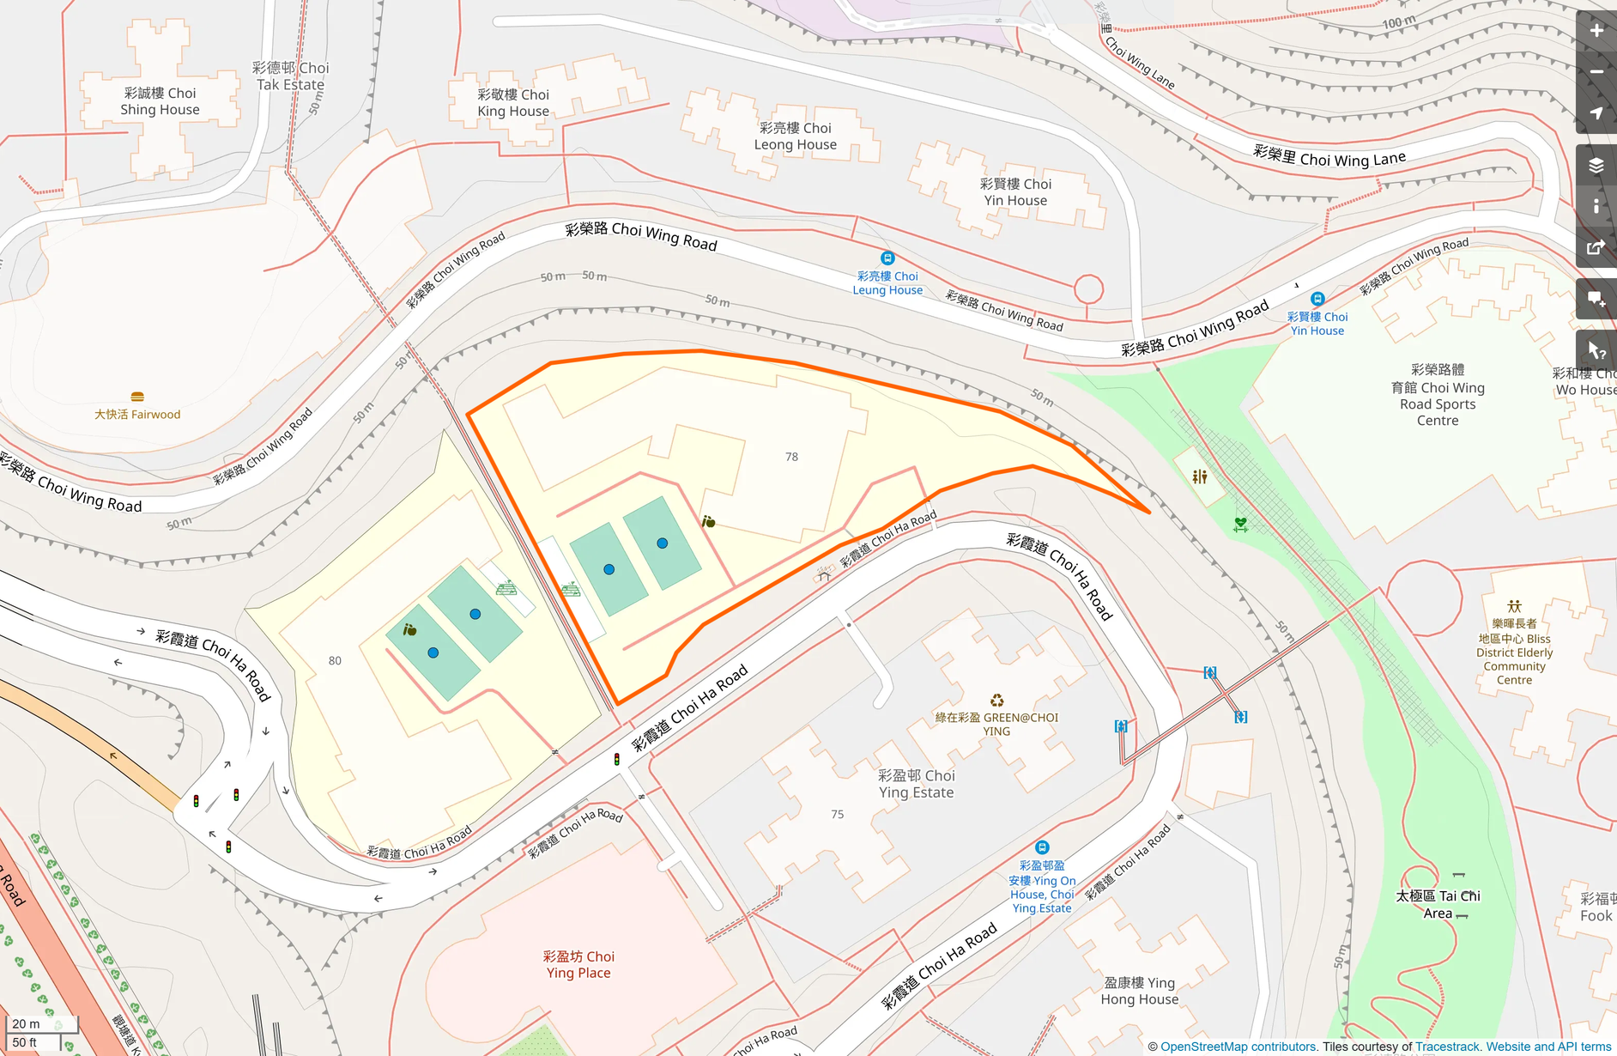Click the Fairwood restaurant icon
pos(137,397)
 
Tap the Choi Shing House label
pos(160,101)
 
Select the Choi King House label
pos(513,103)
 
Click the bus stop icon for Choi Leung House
pos(887,258)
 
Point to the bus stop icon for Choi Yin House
pos(1317,299)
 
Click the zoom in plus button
pos(1596,31)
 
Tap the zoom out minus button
pos(1596,72)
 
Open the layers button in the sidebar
pos(1596,165)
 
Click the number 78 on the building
pos(791,457)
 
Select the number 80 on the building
pos(335,660)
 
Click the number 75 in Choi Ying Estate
pos(837,814)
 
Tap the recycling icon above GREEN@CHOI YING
pos(996,701)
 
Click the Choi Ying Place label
pos(578,964)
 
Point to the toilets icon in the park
pos(1199,476)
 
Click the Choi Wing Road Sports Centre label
pos(1438,395)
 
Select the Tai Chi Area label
pos(1438,904)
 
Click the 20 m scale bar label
pos(26,1023)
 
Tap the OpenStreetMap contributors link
pos(1238,1047)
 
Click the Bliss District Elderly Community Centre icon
pos(1514,606)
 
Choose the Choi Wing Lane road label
pos(1329,157)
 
